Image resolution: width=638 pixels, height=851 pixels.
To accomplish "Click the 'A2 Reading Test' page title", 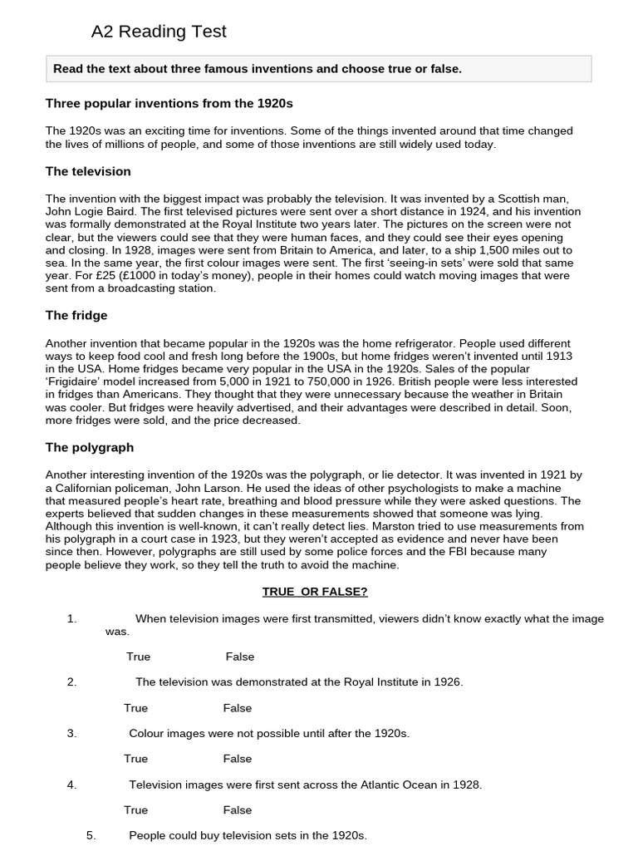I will tap(159, 32).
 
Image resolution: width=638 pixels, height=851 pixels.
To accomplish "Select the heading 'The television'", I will tap(88, 171).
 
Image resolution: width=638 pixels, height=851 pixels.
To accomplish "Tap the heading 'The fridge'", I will tap(76, 316).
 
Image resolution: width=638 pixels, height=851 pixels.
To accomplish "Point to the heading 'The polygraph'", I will tap(90, 447).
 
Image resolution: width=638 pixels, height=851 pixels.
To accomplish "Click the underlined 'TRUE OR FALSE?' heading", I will tap(315, 592).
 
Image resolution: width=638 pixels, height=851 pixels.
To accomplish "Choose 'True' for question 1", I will tap(139, 657).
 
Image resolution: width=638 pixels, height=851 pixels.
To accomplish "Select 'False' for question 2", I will tap(238, 708).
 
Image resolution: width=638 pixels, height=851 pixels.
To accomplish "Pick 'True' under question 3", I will tap(136, 759).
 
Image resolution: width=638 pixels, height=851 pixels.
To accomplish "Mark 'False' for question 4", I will tap(238, 810).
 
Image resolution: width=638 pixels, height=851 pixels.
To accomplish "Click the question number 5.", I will tap(91, 835).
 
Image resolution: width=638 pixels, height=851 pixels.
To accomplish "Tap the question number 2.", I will tap(72, 682).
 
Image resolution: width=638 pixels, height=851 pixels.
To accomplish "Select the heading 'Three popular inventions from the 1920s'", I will tap(169, 104).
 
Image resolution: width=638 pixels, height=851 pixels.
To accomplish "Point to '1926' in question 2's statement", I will tap(446, 682).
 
